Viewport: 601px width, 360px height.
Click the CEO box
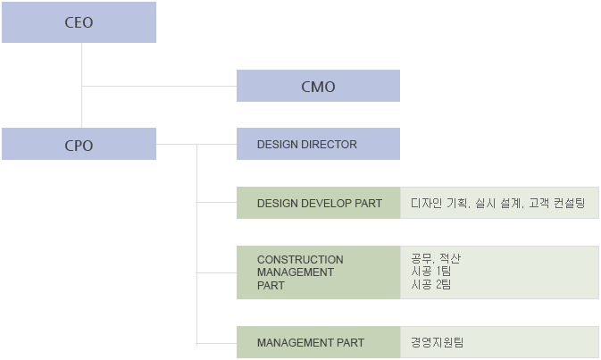(79, 22)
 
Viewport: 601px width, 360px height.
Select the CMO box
(318, 86)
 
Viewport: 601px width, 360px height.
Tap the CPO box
(79, 145)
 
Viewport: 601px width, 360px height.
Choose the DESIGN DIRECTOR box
(318, 144)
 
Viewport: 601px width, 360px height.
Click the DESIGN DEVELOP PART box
(318, 203)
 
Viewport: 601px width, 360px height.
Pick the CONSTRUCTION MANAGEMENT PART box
(318, 272)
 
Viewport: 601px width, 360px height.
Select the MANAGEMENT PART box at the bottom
(318, 342)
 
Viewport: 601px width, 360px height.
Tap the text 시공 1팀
(431, 272)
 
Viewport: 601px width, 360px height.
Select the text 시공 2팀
(431, 285)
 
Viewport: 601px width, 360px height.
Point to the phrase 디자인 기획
(440, 203)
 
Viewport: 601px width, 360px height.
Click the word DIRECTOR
(330, 144)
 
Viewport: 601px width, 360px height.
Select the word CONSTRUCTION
(300, 260)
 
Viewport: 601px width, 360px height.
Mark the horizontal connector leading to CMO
(159, 86)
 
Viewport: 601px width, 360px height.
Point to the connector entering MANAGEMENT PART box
(216, 342)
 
